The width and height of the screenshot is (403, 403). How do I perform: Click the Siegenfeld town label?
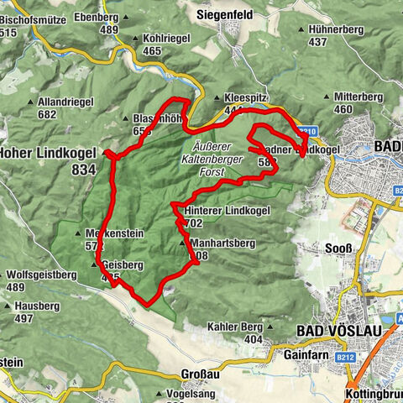(226, 14)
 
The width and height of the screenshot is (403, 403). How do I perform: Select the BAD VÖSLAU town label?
(339, 331)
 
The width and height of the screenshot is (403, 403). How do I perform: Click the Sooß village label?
(337, 249)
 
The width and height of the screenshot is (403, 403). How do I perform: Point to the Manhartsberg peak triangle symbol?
(183, 243)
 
